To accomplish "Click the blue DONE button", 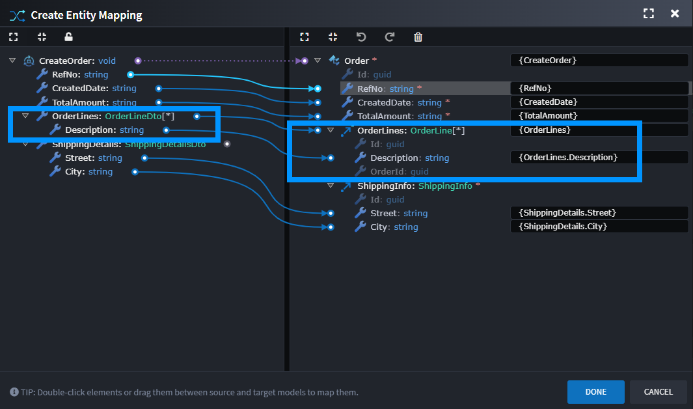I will pos(595,392).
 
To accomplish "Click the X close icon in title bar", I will pos(675,14).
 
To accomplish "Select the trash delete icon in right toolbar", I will pos(418,37).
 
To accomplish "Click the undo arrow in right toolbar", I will pos(361,37).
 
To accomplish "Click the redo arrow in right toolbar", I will pos(390,37).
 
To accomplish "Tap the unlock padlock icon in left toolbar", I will pos(69,37).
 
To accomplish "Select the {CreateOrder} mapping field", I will pos(599,61).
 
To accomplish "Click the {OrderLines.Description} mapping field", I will pos(599,158).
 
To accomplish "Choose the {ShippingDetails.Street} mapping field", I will pos(599,213).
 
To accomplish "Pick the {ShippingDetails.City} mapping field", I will pos(599,227).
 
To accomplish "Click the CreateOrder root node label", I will pos(66,61).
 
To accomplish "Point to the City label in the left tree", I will pos(75,172).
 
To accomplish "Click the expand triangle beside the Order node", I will pos(318,61).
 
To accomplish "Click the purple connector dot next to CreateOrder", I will pos(138,61).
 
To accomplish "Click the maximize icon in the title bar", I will pos(648,14).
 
